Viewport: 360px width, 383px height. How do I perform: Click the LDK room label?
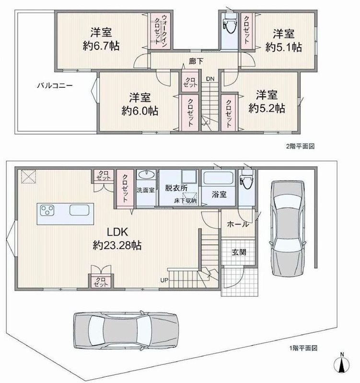[117, 232]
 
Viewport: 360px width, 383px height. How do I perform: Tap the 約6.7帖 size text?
[101, 45]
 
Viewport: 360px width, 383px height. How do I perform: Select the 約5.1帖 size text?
[284, 47]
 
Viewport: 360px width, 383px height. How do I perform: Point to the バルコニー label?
[55, 86]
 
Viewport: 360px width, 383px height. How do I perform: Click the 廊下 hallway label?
[196, 61]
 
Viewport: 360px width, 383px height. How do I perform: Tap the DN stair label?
[210, 79]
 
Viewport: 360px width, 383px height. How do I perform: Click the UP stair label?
[164, 281]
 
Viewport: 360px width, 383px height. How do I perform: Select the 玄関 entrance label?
[239, 252]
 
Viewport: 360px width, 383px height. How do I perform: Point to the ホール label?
[238, 224]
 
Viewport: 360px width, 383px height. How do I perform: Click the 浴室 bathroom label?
[219, 195]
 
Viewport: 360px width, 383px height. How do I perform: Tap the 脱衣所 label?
[176, 188]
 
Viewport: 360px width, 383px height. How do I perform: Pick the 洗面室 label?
[146, 190]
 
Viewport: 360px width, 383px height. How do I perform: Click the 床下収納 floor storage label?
[185, 201]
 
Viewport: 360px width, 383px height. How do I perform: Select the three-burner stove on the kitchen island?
[47, 210]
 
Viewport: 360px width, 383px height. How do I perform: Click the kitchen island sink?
[79, 210]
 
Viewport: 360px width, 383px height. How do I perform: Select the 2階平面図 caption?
[301, 146]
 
